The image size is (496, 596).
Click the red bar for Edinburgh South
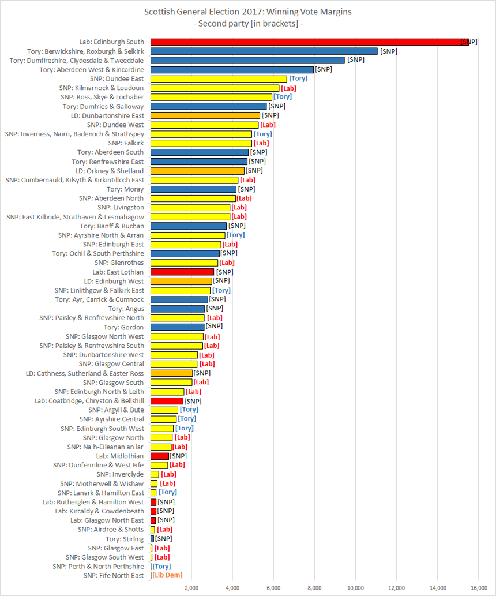pyautogui.click(x=306, y=42)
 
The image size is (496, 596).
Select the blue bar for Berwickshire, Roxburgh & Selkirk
pyautogui.click(x=264, y=51)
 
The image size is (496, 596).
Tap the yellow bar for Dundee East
pyautogui.click(x=219, y=78)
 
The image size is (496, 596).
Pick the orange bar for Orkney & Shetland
pyautogui.click(x=197, y=171)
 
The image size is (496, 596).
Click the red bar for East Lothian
pyautogui.click(x=182, y=272)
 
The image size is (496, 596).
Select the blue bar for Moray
pyautogui.click(x=193, y=189)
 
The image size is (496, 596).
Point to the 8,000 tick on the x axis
pyautogui.click(x=314, y=587)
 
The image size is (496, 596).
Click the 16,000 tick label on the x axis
pyautogui.click(x=479, y=587)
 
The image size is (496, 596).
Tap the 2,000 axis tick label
pyautogui.click(x=191, y=587)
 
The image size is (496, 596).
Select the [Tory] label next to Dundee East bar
pyautogui.click(x=298, y=78)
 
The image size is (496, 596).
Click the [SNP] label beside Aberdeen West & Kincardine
pyautogui.click(x=324, y=69)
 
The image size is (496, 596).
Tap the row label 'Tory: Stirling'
pyautogui.click(x=125, y=539)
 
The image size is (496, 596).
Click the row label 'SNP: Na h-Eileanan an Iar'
pyautogui.click(x=106, y=447)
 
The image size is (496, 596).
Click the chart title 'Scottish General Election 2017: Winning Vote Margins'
pyautogui.click(x=248, y=11)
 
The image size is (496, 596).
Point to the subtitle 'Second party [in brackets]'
pyautogui.click(x=248, y=23)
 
